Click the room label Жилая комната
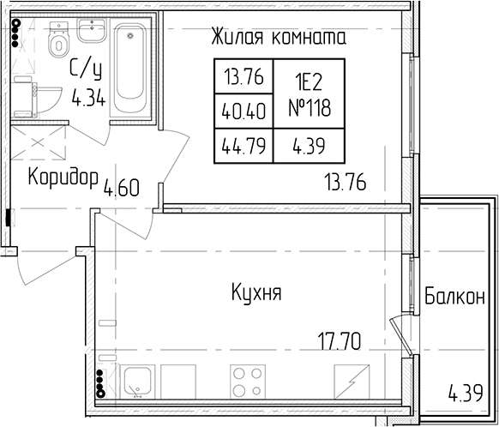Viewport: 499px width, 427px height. (x=279, y=37)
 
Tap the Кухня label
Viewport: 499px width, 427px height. (x=256, y=292)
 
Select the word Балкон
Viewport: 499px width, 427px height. (x=454, y=296)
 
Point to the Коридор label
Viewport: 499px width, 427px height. (x=63, y=177)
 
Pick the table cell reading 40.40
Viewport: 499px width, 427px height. (x=243, y=111)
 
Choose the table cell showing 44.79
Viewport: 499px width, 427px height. (x=243, y=147)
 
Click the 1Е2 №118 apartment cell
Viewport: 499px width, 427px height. (x=310, y=94)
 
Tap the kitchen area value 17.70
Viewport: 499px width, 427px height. (x=340, y=340)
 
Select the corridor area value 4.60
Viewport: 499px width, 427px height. (x=122, y=188)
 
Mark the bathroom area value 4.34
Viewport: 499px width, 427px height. (x=88, y=98)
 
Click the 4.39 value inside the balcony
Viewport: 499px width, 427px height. (x=466, y=393)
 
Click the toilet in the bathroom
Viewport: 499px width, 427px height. (x=58, y=39)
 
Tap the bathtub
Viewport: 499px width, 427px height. (x=129, y=70)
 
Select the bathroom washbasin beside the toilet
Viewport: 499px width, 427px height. (x=92, y=30)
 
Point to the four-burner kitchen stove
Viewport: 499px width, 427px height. (x=248, y=382)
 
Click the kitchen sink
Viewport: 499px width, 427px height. (x=137, y=382)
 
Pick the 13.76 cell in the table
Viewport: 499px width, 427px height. (x=243, y=76)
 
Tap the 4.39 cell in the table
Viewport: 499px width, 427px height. (x=309, y=147)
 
